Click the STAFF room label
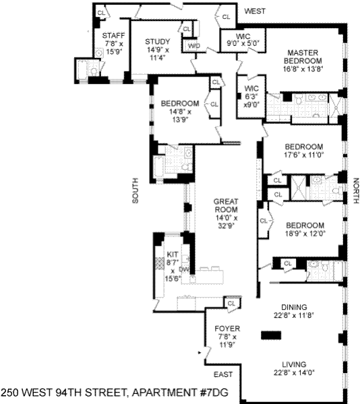[x=113, y=36]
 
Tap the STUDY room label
[x=158, y=42]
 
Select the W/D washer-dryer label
[x=194, y=46]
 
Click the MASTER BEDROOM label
[x=303, y=57]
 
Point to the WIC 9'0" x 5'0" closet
[x=243, y=40]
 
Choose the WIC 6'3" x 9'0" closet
[x=251, y=96]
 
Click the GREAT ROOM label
[x=226, y=205]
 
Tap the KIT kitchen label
[x=173, y=255]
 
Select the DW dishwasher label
[x=184, y=269]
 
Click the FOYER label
[x=227, y=329]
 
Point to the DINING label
[x=294, y=307]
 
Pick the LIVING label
[x=294, y=364]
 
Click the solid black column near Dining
[x=271, y=335]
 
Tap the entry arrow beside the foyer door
[x=200, y=352]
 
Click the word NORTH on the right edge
[x=356, y=191]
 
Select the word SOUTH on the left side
[x=136, y=191]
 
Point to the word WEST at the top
[x=255, y=11]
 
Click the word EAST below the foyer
[x=223, y=374]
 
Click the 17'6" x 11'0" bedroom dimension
[x=304, y=155]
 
